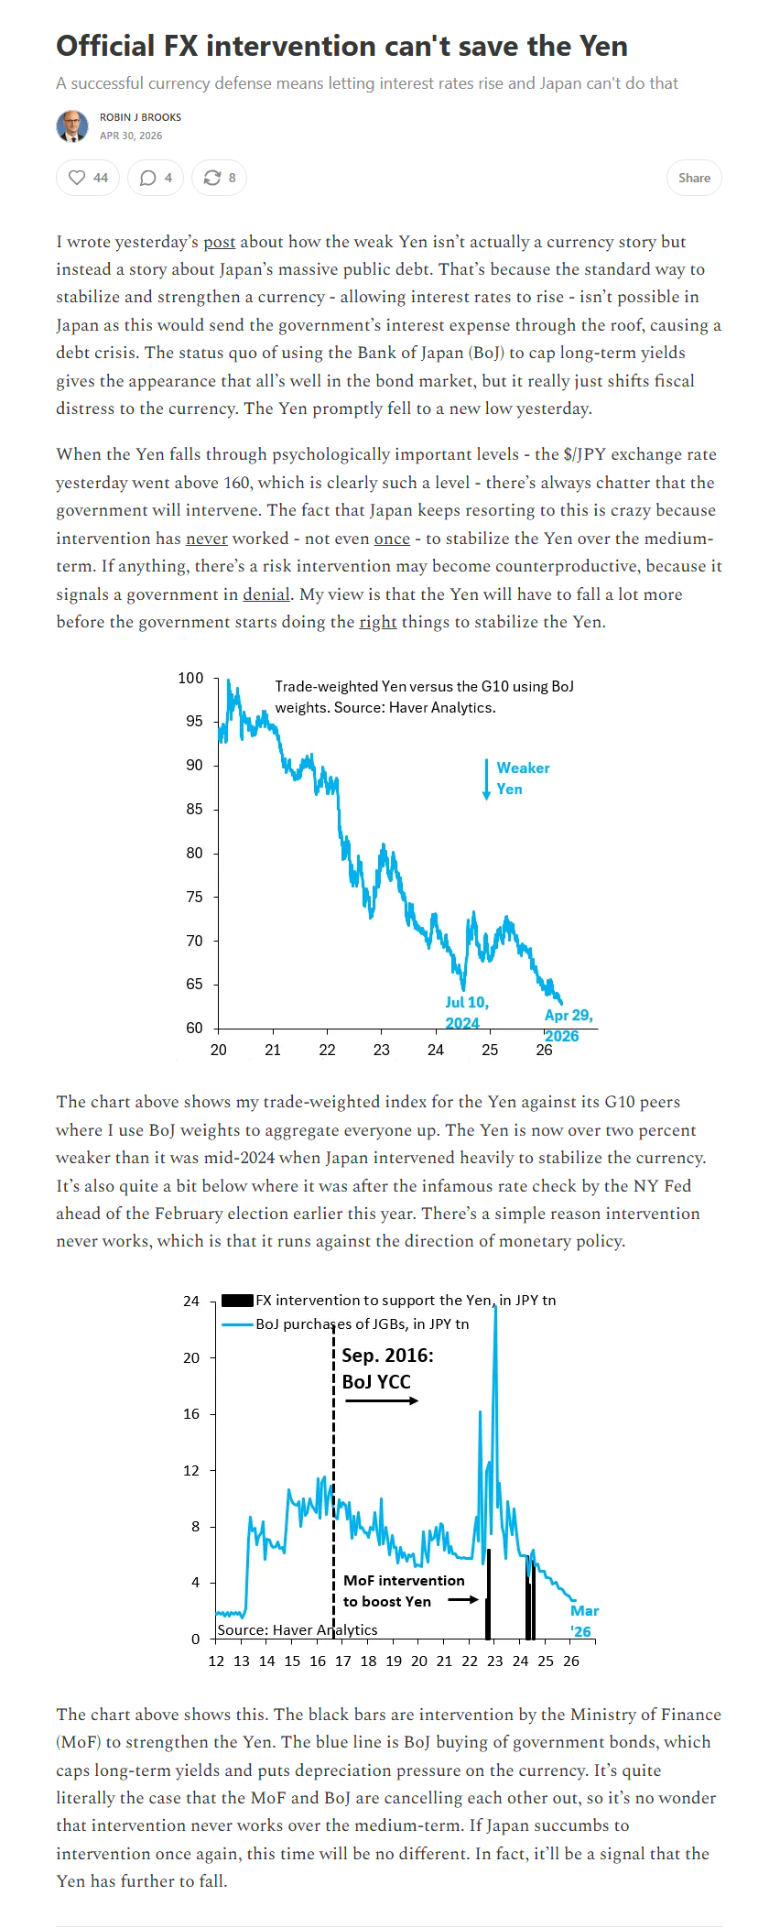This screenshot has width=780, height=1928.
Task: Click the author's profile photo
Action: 72,126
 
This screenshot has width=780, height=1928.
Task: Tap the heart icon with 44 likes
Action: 77,178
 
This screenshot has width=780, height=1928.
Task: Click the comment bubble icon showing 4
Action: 147,178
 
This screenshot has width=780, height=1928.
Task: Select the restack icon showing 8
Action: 211,178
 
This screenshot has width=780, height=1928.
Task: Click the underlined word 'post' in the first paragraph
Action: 220,242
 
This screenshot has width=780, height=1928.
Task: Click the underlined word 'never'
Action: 206,539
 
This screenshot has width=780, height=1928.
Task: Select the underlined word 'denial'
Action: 266,594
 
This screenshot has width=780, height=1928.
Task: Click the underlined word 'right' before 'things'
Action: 378,622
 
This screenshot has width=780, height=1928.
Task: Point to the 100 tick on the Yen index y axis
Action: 190,678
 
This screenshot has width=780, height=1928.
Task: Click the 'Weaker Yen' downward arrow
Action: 486,779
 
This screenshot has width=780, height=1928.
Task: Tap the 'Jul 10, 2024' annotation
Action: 467,1013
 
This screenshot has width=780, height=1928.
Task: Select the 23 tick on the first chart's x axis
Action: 382,1050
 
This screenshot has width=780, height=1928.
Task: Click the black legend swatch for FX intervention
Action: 237,1300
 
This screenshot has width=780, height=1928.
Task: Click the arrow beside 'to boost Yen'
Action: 463,1600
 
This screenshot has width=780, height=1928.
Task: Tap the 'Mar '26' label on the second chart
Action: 584,1621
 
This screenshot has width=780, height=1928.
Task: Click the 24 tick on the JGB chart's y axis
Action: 191,1301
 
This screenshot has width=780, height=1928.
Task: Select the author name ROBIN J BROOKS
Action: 140,117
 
